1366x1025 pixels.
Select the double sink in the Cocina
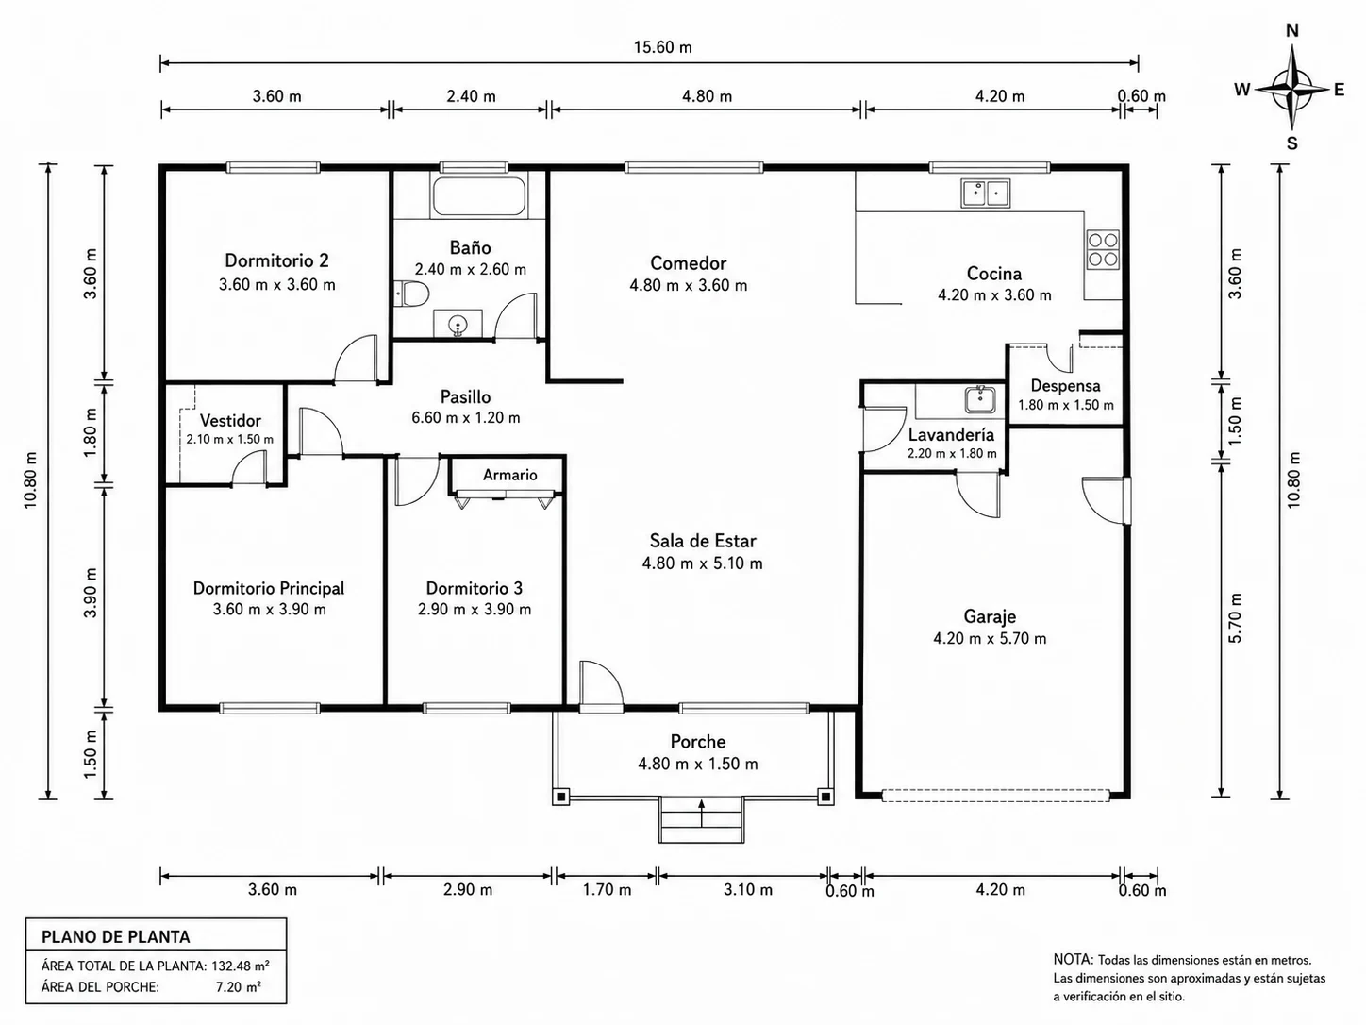(985, 193)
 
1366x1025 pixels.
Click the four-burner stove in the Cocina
(1103, 249)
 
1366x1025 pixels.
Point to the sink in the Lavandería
(980, 399)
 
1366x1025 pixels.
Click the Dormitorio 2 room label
(277, 260)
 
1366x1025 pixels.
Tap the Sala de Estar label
(703, 540)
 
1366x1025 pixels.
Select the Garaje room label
(990, 616)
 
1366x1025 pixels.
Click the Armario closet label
(509, 475)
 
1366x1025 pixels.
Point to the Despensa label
(1065, 386)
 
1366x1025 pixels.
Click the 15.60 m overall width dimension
(663, 47)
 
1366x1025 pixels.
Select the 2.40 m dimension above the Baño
(471, 96)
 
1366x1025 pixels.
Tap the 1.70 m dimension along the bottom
(607, 889)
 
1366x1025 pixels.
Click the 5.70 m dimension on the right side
(1236, 617)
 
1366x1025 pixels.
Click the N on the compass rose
(1292, 30)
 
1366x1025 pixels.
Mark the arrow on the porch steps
(701, 814)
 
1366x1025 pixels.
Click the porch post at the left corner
(560, 797)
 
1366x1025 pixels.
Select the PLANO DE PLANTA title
(116, 936)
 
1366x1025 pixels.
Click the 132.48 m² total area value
(241, 966)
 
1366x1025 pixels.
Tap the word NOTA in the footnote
(1073, 959)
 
